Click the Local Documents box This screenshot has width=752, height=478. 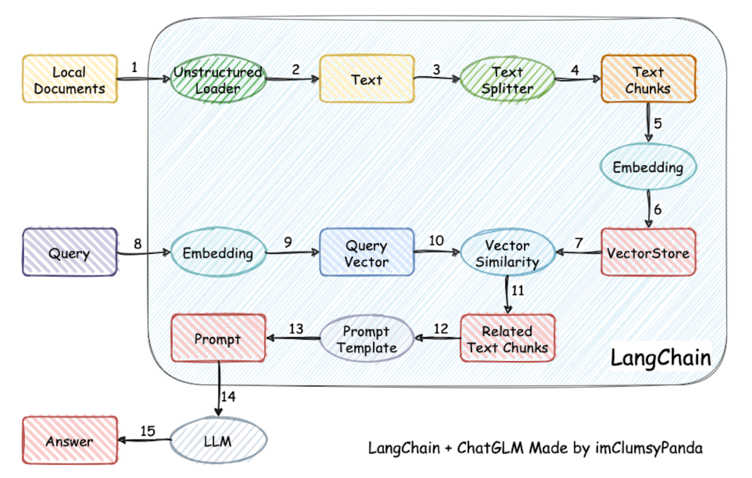click(x=70, y=79)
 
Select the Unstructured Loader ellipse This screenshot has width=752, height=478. click(x=218, y=79)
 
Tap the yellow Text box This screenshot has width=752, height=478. click(x=367, y=79)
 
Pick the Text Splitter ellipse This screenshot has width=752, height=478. click(x=507, y=80)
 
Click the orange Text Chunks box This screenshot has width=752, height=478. click(x=648, y=79)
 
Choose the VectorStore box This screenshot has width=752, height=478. click(x=648, y=252)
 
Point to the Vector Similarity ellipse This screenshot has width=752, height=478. click(x=507, y=252)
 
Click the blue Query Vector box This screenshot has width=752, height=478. click(x=367, y=252)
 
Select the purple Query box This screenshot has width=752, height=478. click(x=70, y=252)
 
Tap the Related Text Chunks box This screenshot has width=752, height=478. click(x=507, y=338)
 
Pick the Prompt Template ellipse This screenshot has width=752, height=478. click(x=367, y=338)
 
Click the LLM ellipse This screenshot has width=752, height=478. click(x=218, y=440)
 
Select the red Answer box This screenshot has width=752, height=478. click(x=70, y=440)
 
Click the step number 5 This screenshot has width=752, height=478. click(x=657, y=123)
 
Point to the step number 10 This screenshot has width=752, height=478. click(x=436, y=240)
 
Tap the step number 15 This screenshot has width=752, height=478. click(x=147, y=431)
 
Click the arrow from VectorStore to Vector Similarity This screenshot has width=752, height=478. click(x=578, y=252)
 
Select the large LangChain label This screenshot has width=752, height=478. click(x=661, y=358)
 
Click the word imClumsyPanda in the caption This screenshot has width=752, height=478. click(x=649, y=448)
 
